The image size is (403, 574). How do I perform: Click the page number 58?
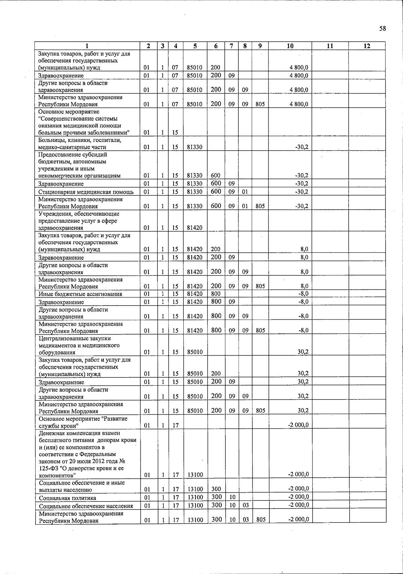(x=383, y=29)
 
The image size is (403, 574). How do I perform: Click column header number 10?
(x=290, y=46)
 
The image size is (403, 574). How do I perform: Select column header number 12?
(x=367, y=46)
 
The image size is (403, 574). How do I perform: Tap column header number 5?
(x=195, y=46)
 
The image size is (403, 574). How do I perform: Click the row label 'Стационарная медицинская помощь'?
(x=86, y=192)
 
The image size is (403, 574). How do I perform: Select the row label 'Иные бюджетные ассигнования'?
(x=80, y=294)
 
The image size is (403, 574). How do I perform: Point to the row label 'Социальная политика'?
(x=68, y=498)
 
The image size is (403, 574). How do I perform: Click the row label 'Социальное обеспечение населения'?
(x=86, y=506)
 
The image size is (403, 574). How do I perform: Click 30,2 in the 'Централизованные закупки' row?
(x=303, y=352)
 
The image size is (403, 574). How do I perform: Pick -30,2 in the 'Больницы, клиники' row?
(x=302, y=147)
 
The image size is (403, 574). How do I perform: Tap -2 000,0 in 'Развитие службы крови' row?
(x=299, y=425)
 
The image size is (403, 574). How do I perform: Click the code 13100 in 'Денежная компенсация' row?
(x=195, y=475)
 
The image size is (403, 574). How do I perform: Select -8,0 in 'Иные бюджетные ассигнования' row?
(x=304, y=294)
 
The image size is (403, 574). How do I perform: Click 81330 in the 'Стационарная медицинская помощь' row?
(x=195, y=192)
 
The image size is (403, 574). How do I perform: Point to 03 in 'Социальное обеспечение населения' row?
(x=245, y=506)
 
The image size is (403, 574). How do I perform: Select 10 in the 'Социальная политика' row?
(x=232, y=497)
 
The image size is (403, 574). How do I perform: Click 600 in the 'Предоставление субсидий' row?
(x=216, y=175)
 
